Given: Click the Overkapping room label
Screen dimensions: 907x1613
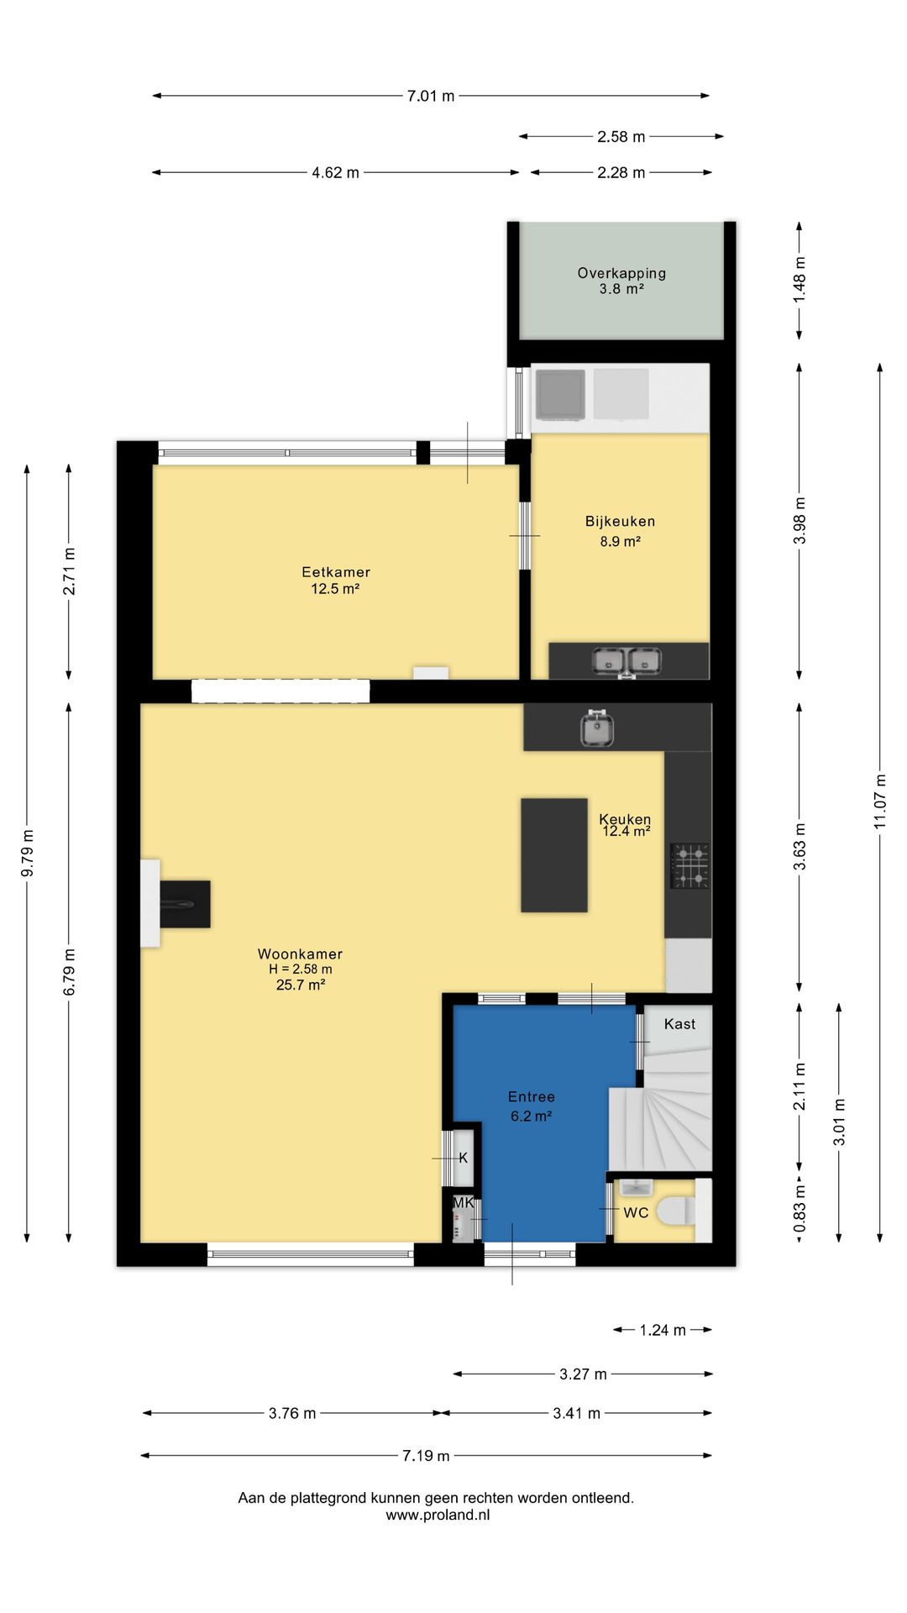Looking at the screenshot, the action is click(621, 273).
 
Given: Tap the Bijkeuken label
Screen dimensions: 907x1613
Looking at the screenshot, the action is click(620, 521).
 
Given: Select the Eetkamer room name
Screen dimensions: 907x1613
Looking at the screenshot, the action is click(336, 572).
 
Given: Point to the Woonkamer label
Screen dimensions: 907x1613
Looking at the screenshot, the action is click(300, 954).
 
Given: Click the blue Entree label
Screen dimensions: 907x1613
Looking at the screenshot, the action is click(532, 1096).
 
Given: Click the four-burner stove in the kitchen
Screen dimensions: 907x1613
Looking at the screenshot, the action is click(689, 866).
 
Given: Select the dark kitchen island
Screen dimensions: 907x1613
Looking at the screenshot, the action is click(554, 855).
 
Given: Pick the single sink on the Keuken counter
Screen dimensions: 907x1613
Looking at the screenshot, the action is click(597, 728).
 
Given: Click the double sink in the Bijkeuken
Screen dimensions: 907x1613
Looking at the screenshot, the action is click(627, 661).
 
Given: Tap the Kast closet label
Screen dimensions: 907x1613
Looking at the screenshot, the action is click(679, 1024).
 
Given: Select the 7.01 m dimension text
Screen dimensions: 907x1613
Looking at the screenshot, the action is click(431, 96).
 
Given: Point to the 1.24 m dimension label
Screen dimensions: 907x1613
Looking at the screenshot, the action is click(663, 1330).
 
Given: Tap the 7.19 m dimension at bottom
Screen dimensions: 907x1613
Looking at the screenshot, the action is click(426, 1456).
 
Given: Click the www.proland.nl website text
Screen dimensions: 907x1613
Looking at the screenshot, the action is click(438, 1516).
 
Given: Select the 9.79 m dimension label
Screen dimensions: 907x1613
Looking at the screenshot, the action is click(27, 854).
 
